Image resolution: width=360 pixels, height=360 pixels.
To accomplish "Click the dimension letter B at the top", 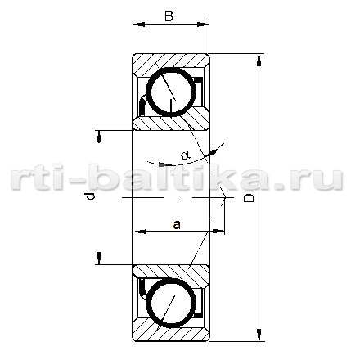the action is click(169, 16).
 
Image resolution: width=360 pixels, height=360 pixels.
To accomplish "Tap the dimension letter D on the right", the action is click(249, 198).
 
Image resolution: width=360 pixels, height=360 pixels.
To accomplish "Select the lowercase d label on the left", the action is click(89, 196).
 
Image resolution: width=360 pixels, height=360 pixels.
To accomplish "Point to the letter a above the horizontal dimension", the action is click(177, 225).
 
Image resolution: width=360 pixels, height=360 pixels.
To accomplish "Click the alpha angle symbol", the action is click(186, 155).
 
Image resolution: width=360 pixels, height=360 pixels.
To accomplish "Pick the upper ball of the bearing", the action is click(171, 92).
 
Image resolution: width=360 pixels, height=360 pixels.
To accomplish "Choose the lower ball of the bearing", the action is click(171, 303).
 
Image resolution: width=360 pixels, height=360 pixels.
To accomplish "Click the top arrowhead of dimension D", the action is click(259, 60).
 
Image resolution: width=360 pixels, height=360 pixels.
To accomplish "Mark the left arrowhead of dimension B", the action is click(139, 25).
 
